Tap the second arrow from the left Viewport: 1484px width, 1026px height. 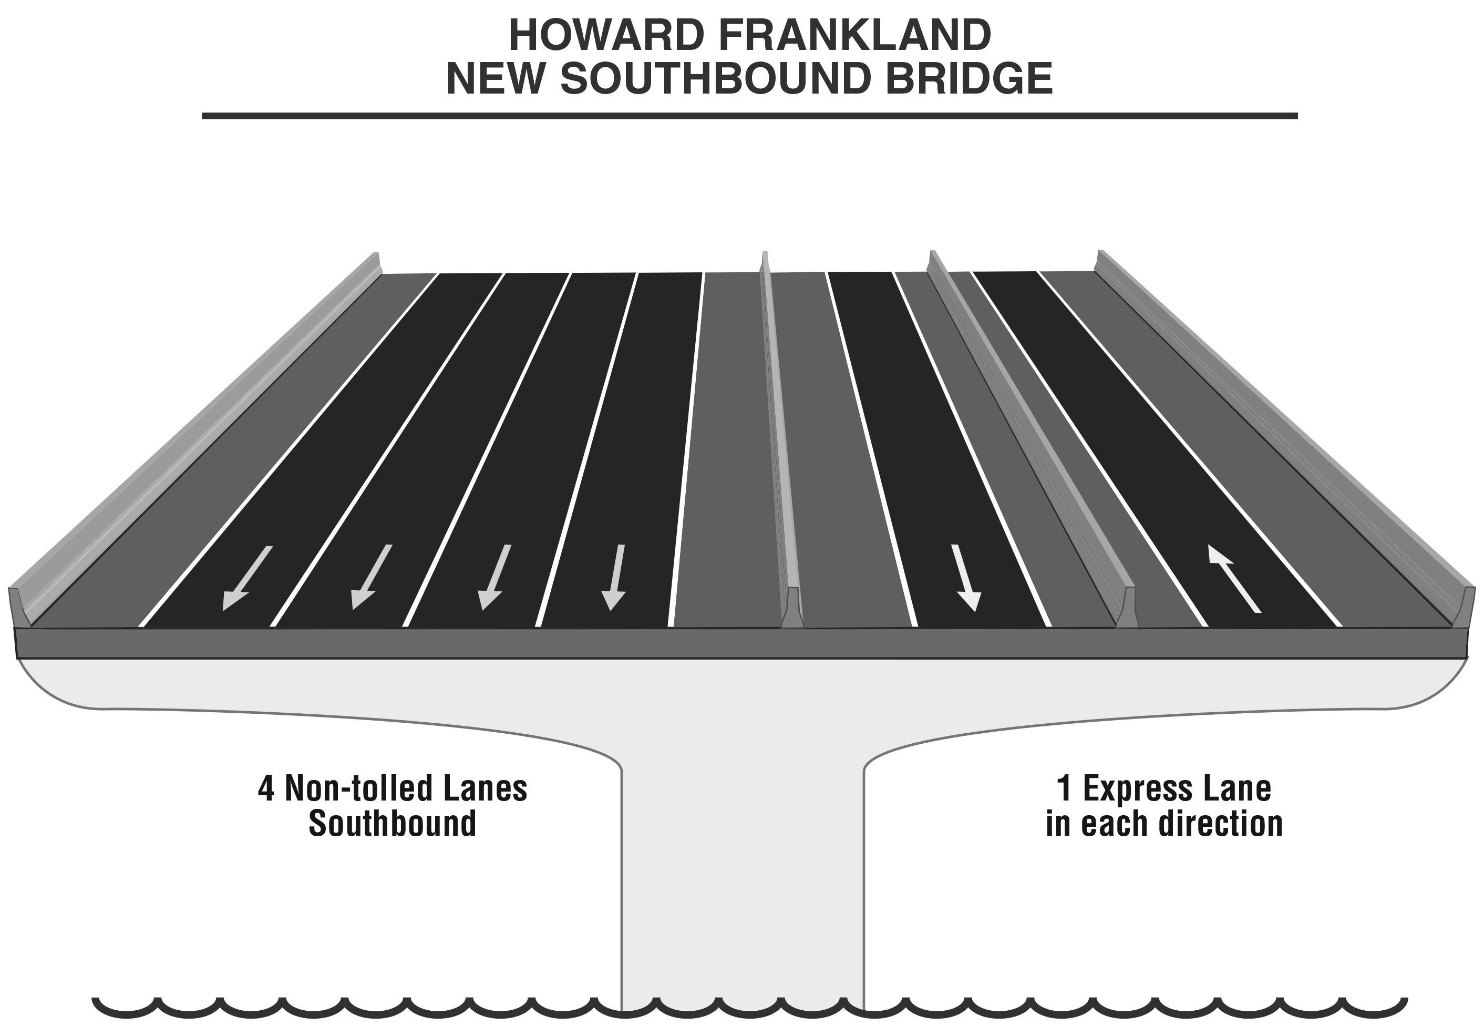coord(371,577)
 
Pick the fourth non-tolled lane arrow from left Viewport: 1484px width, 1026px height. coord(614,577)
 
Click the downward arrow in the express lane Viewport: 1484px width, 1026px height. coord(965,577)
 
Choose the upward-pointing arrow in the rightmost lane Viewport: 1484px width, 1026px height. coord(1233,578)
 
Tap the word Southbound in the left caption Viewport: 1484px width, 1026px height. coord(392,824)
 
